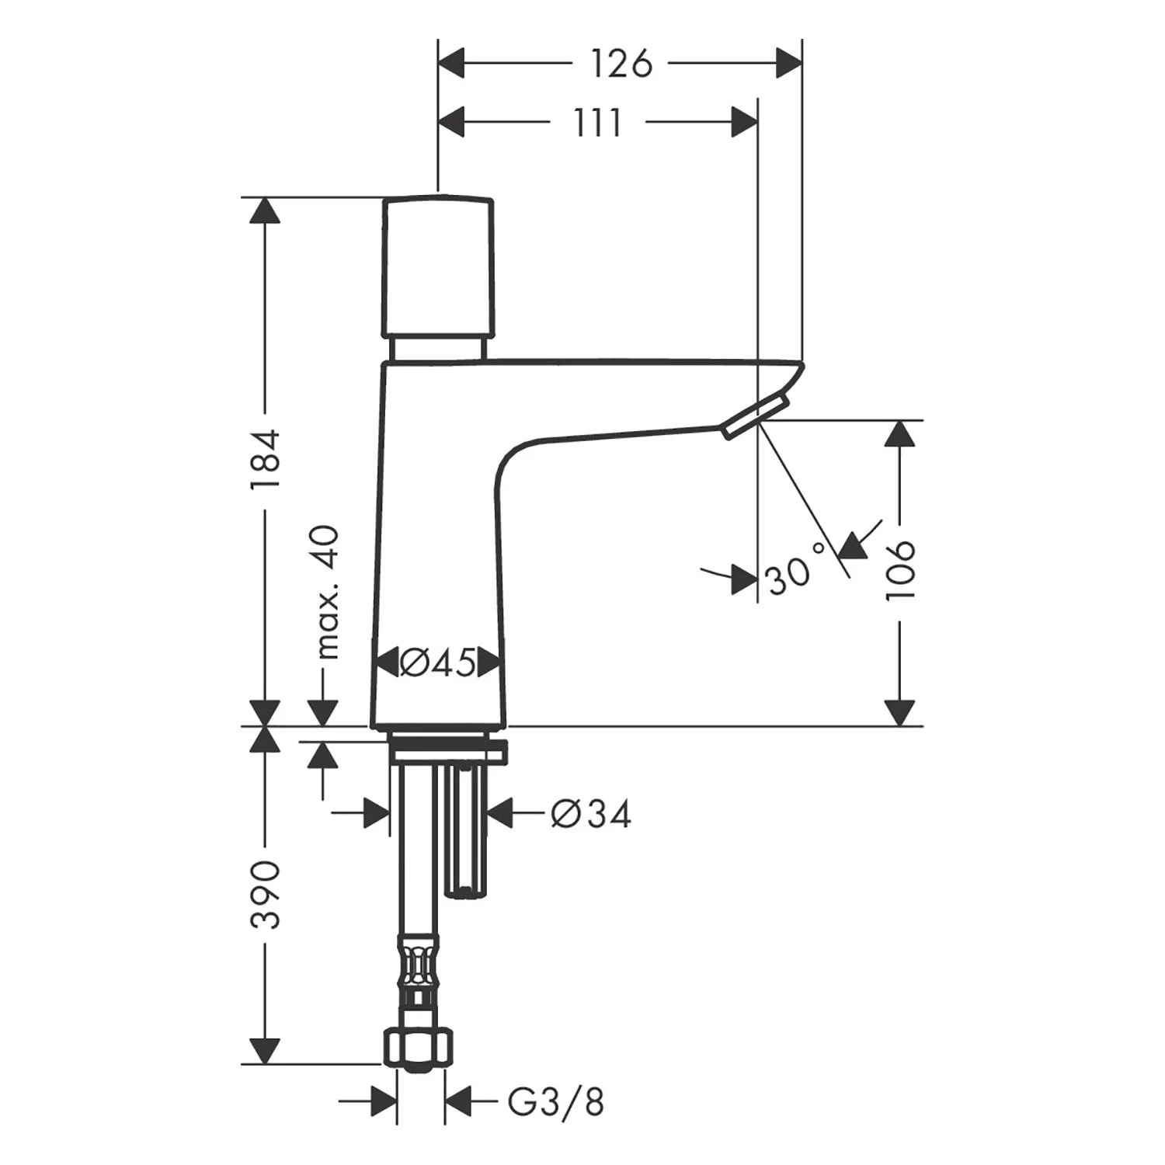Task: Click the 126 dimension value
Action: click(x=621, y=64)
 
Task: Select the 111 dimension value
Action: click(x=598, y=123)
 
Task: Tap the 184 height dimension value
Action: click(x=265, y=459)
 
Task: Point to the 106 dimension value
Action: click(x=901, y=571)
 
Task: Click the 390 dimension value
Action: click(x=266, y=894)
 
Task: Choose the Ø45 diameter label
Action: click(x=438, y=662)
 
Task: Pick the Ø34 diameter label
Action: click(x=590, y=814)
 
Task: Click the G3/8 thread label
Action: click(x=556, y=1101)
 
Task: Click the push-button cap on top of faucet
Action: click(x=438, y=268)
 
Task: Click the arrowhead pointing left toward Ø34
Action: click(x=501, y=814)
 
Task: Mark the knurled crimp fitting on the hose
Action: click(x=419, y=963)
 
